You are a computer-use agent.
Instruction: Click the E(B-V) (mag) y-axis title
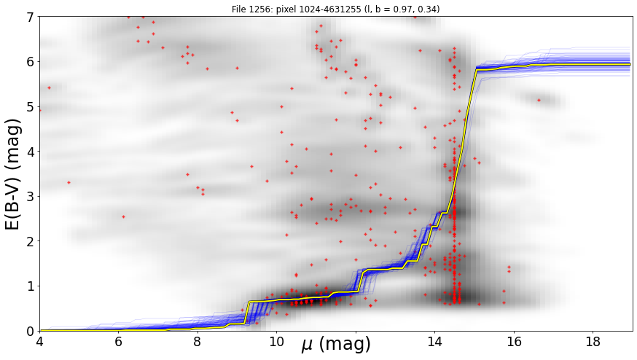[x=14, y=174]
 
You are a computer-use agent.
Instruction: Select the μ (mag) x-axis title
[x=335, y=345]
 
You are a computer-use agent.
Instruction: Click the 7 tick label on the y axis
[x=30, y=17]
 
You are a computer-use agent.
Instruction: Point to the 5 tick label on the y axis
[x=30, y=107]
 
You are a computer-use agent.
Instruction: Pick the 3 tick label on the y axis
[x=30, y=197]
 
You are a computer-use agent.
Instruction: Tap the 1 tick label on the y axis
[x=30, y=286]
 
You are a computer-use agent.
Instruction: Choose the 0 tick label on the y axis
[x=30, y=331]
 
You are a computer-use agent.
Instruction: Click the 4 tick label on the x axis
[x=40, y=342]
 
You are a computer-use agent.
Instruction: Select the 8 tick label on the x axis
[x=198, y=342]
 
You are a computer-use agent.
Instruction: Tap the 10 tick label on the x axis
[x=277, y=342]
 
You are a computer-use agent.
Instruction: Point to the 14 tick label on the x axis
[x=434, y=342]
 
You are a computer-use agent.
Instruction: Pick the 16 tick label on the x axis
[x=514, y=342]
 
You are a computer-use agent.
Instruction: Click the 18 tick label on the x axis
[x=593, y=342]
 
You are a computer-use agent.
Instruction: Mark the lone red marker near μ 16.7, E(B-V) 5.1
[x=539, y=100]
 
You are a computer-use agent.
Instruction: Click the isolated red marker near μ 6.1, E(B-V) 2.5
[x=123, y=217]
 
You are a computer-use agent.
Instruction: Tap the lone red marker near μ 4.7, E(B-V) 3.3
[x=69, y=182]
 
